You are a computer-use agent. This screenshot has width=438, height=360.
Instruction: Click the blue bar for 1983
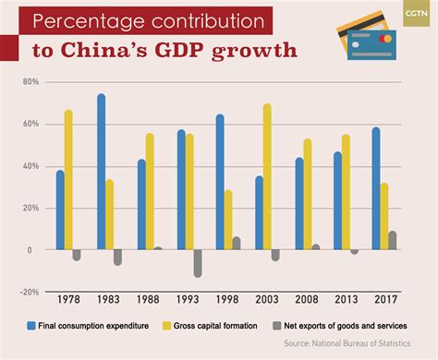pos(101,172)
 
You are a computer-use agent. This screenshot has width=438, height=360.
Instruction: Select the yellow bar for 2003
pos(268,176)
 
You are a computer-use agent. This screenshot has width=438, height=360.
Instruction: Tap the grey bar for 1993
pos(197,263)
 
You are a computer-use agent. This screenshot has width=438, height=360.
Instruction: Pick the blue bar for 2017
pos(375,188)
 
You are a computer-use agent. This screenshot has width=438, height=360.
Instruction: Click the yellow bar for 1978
pos(68,180)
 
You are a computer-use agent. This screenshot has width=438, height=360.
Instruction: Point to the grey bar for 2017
pos(393,240)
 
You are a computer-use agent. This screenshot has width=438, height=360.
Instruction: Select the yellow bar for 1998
pos(227,220)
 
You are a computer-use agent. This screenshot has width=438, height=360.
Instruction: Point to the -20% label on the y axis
pos(28,292)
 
